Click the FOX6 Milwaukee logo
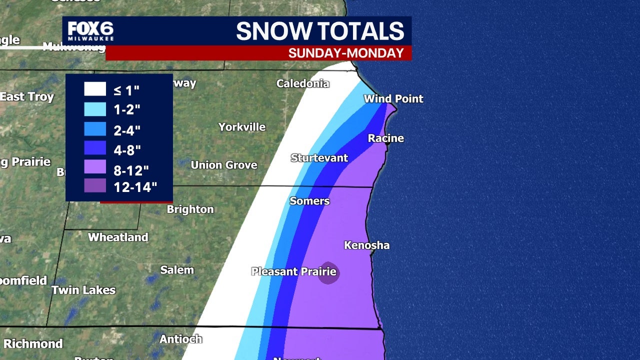(90, 31)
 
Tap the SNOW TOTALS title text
(320, 31)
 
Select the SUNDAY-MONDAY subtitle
(346, 53)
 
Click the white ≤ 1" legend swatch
(95, 89)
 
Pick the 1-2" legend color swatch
(95, 109)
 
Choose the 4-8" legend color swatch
(95, 148)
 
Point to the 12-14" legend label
(135, 187)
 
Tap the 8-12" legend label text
(131, 170)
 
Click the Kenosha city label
(366, 245)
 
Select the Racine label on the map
(385, 138)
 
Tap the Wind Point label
(393, 98)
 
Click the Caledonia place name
(303, 83)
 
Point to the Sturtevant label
(319, 158)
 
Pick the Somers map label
(309, 201)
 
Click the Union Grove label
(224, 164)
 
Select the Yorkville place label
(242, 127)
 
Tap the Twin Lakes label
(83, 290)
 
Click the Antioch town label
(181, 339)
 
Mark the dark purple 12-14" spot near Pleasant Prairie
(328, 273)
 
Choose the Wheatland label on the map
(118, 237)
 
